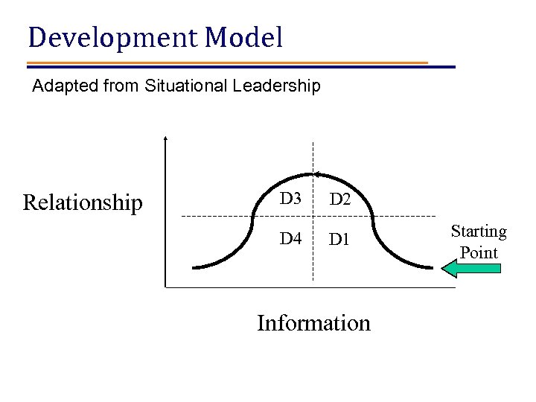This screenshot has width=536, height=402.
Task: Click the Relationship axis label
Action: point(83,202)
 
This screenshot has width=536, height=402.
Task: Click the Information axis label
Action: point(313,323)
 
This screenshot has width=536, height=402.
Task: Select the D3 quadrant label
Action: point(290,199)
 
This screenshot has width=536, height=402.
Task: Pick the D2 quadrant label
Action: point(341,200)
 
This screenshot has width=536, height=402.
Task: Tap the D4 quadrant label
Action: point(290,240)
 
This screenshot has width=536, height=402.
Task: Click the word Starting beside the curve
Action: point(479,232)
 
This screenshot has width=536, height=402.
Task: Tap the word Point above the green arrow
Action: point(479,252)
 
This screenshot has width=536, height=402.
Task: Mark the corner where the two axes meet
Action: point(165,287)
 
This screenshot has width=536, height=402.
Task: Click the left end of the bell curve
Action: point(194,267)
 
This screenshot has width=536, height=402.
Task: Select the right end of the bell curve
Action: point(433,267)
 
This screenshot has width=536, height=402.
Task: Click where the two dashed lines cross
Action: point(313,216)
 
